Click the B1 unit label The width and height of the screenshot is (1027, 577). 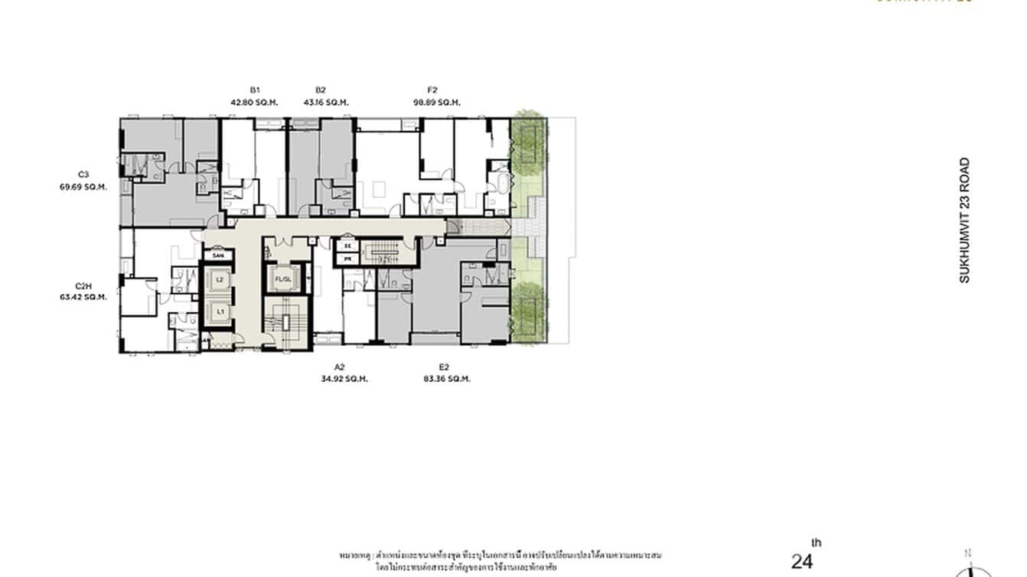pyautogui.click(x=254, y=90)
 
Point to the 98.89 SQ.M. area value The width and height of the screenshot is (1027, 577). pyautogui.click(x=436, y=102)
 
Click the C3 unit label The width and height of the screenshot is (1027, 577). pyautogui.click(x=83, y=174)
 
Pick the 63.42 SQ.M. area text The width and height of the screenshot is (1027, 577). pyautogui.click(x=83, y=298)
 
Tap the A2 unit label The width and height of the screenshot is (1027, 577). pyautogui.click(x=341, y=367)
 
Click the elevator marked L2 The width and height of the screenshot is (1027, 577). pyautogui.click(x=220, y=280)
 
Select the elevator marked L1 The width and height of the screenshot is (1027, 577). pyautogui.click(x=220, y=311)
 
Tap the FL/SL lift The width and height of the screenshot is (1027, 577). pyautogui.click(x=284, y=279)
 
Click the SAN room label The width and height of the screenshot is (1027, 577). pyautogui.click(x=218, y=254)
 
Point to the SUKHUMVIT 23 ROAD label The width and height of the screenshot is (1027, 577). pyautogui.click(x=964, y=220)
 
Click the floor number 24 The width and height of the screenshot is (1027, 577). pyautogui.click(x=802, y=562)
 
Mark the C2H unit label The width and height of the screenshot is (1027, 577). pyautogui.click(x=83, y=285)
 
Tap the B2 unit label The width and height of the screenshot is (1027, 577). pyautogui.click(x=321, y=90)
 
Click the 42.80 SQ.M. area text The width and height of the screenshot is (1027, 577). pyautogui.click(x=254, y=102)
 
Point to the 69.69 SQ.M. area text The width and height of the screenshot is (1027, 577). pyautogui.click(x=83, y=186)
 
